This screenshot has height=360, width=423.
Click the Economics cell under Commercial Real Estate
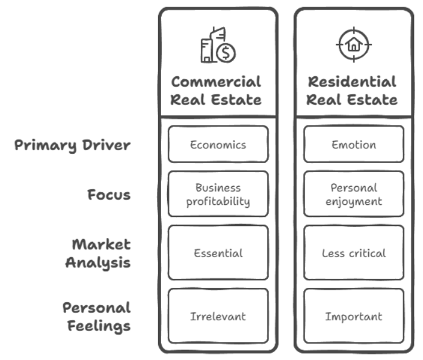[x=218, y=144]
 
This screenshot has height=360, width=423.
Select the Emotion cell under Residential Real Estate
[x=353, y=144]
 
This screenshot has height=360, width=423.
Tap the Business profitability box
[x=218, y=195]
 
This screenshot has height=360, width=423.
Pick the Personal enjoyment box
[x=353, y=195]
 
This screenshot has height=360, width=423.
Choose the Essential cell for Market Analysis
[x=218, y=253]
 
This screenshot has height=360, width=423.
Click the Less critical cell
[x=353, y=253]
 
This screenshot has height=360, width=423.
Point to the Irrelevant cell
[x=218, y=316]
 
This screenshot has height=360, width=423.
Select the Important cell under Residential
[x=353, y=316]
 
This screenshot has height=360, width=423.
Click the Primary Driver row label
[x=72, y=145]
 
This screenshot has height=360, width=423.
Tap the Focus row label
[x=109, y=195]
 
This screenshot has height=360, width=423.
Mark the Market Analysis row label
[x=98, y=254]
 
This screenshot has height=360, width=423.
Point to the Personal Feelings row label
[x=97, y=317]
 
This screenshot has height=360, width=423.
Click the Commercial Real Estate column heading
[x=216, y=90]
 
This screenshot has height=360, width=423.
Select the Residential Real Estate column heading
[x=352, y=90]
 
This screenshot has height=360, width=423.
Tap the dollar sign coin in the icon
[x=226, y=53]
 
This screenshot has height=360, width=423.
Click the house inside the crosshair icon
[x=354, y=44]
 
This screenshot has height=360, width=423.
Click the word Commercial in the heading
[x=216, y=82]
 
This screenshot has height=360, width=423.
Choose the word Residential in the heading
[x=352, y=82]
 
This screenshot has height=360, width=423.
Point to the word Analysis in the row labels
[x=98, y=263]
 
